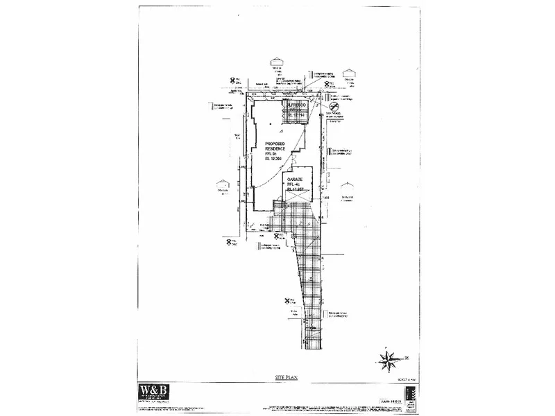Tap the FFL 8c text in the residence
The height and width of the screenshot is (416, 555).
(277, 153)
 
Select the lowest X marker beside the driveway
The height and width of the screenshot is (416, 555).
(287, 301)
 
